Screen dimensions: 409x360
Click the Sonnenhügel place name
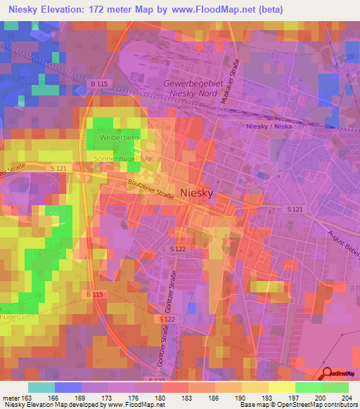click(114, 160)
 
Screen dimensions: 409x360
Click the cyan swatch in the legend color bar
click(41, 387)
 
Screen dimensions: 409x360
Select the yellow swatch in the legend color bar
click(281, 387)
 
